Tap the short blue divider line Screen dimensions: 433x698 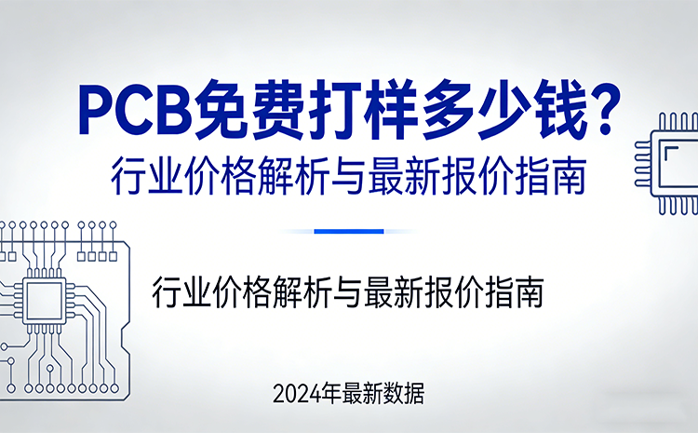349,231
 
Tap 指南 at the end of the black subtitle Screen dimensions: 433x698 521,293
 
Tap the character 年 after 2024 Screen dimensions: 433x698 330,394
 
